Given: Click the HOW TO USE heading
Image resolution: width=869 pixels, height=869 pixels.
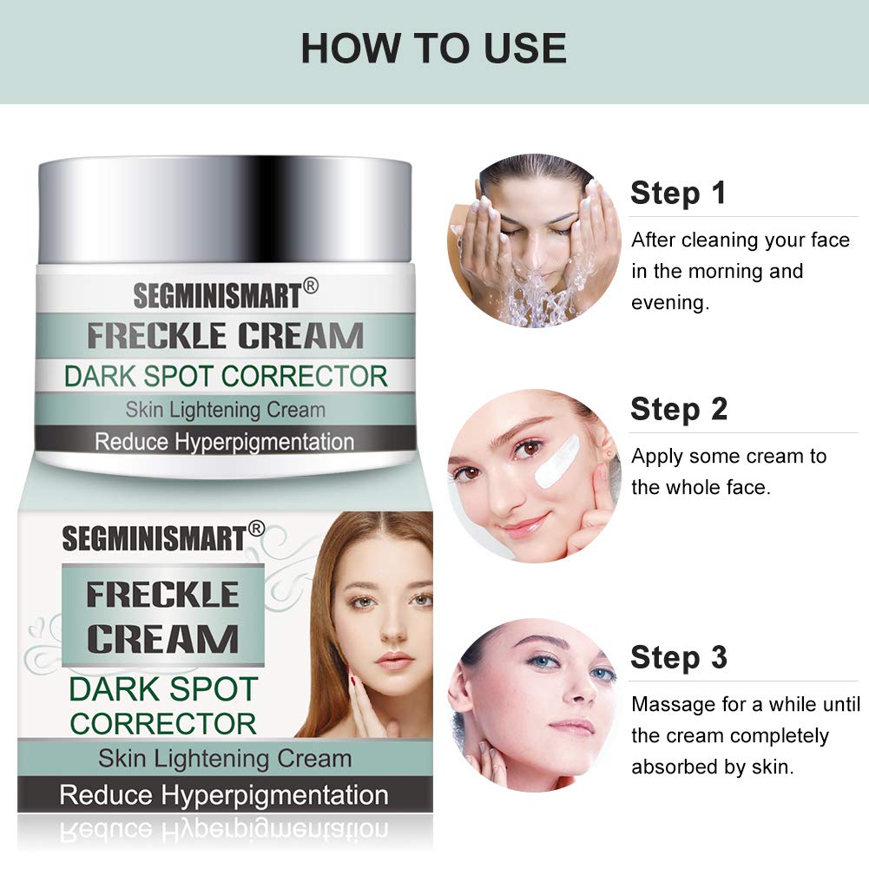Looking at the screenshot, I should pos(433,49).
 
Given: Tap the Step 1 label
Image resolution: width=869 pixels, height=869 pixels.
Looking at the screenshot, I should pos(678,193).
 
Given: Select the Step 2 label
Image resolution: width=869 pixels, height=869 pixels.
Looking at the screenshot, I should pos(679,409).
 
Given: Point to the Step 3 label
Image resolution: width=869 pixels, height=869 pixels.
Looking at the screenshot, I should pos(679,657).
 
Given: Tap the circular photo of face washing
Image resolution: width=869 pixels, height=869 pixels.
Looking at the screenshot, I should pos(533,240).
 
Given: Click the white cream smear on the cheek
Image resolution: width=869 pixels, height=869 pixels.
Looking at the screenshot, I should pos(556,460).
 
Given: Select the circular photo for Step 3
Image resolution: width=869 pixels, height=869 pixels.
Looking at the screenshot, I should pos(533,703).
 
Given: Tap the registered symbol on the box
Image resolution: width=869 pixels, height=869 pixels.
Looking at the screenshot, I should pos(256,527).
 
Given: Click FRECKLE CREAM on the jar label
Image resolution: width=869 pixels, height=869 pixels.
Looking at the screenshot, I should pos(225,336).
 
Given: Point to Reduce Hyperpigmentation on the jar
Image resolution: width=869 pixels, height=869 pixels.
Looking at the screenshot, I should pos(225,441).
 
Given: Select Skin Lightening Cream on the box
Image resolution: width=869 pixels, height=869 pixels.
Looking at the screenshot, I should pos(225,758).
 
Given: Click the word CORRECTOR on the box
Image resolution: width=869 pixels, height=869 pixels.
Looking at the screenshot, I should pos(163,723).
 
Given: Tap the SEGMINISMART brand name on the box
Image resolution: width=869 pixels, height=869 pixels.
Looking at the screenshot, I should pos(154,538).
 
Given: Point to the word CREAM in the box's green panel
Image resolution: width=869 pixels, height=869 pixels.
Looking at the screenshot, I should pos(162,639).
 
